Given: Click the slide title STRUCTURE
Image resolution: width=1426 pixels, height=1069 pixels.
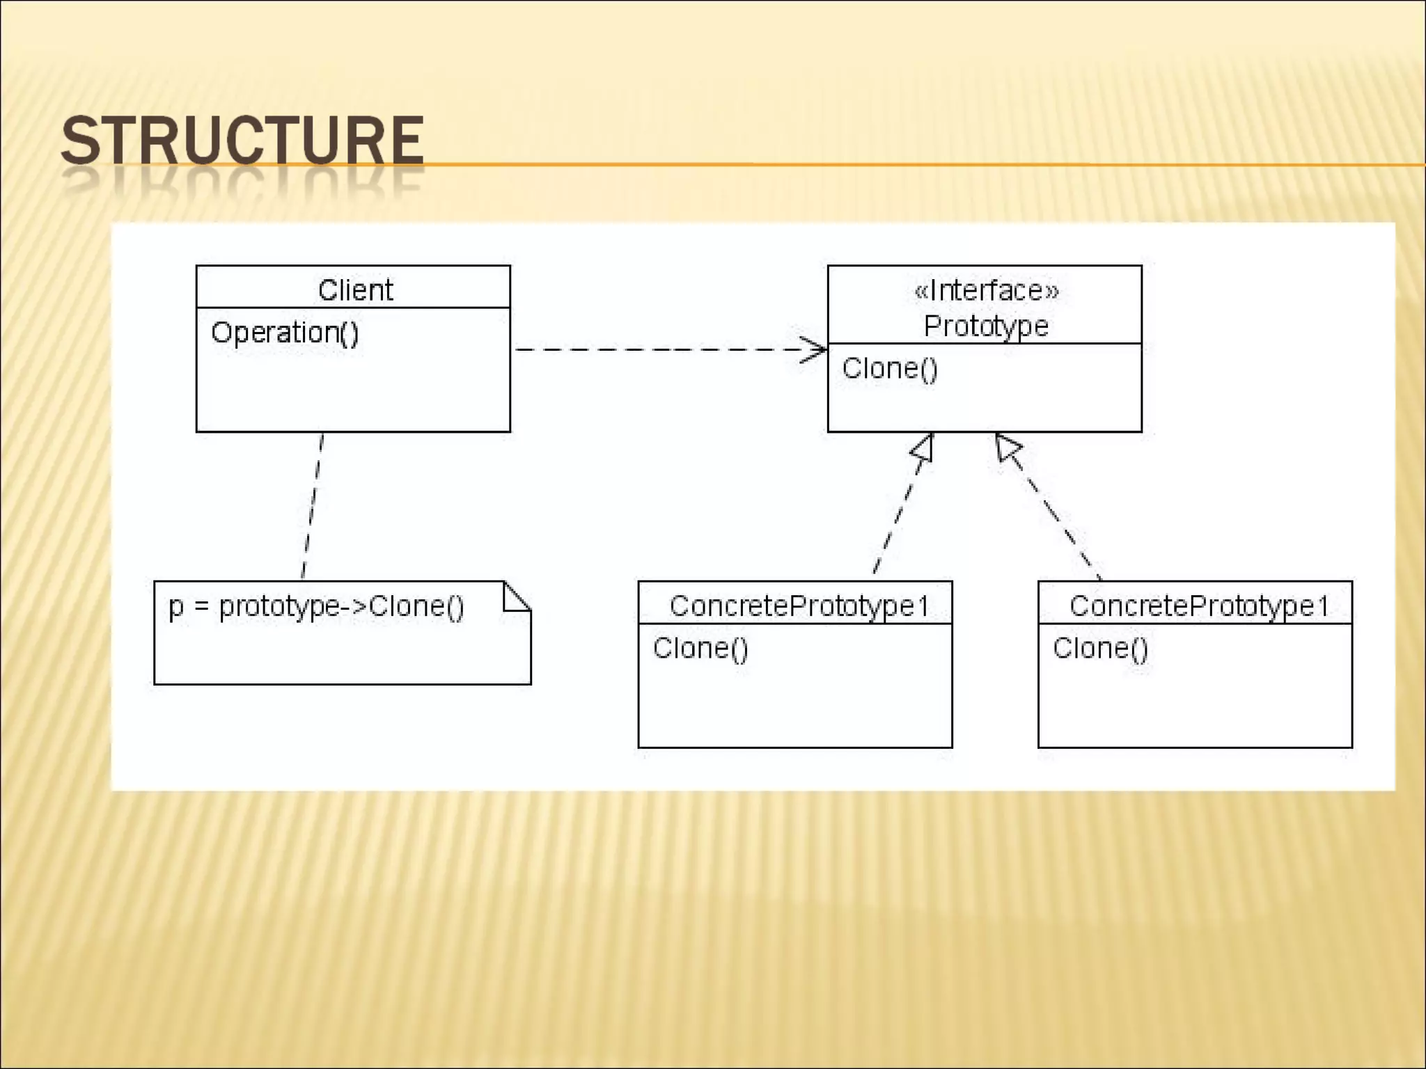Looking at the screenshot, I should tap(242, 141).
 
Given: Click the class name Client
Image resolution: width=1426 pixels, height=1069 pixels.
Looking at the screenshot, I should tap(355, 290).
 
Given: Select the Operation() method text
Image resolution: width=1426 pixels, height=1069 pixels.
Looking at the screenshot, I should tap(285, 333).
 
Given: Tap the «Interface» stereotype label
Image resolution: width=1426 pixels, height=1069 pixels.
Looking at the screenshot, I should tap(986, 290).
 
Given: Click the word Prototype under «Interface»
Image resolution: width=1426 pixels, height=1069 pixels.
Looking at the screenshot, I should tap(986, 326).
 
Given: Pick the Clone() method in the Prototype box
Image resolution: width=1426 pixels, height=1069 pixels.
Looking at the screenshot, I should tap(890, 368).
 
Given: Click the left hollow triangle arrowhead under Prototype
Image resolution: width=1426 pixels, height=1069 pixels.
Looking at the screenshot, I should tap(923, 448).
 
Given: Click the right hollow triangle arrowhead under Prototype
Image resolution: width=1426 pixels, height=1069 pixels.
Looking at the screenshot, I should tap(1007, 447).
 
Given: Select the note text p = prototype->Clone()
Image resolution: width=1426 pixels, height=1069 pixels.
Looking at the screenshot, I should tap(316, 606).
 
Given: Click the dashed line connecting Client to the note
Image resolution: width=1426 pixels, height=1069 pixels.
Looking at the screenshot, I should tap(313, 507).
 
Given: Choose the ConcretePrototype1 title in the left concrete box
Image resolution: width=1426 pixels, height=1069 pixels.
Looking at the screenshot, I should tap(799, 605).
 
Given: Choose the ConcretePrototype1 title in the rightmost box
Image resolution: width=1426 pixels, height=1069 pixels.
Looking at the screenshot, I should tap(1198, 605).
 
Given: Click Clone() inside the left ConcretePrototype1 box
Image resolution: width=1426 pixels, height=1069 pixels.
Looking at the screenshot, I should tap(700, 648).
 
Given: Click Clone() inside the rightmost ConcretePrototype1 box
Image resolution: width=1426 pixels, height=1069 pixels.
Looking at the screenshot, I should tap(1100, 648).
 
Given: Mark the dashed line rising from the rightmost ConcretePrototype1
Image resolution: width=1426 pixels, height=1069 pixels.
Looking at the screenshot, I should tap(1058, 518).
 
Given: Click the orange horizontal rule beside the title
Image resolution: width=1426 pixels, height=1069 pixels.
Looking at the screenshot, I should tap(905, 165).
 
